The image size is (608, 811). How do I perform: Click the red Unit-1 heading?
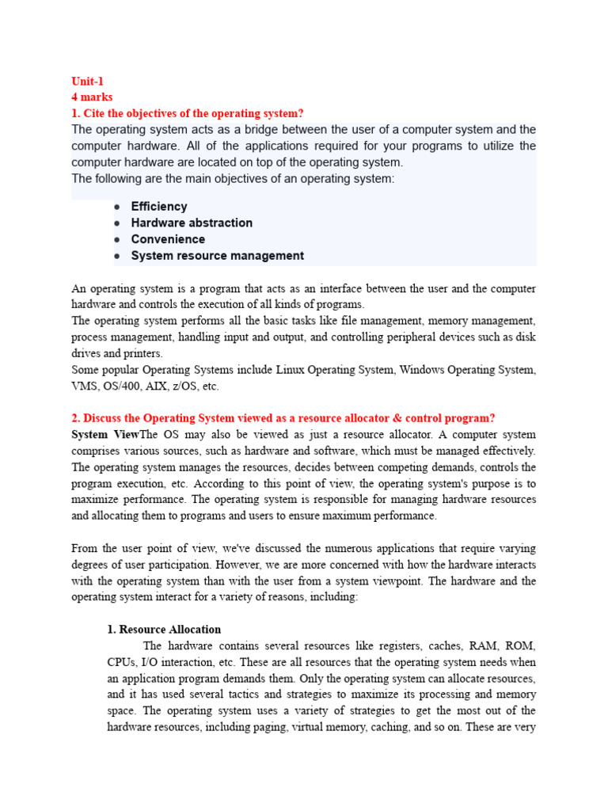pyautogui.click(x=87, y=81)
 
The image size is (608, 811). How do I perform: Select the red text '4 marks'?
pyautogui.click(x=92, y=97)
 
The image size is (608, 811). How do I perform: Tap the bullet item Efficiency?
pyautogui.click(x=159, y=207)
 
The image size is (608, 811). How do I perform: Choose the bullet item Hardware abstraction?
pyautogui.click(x=192, y=223)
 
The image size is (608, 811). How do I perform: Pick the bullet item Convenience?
pyautogui.click(x=168, y=239)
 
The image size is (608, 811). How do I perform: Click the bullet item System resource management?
pyautogui.click(x=217, y=256)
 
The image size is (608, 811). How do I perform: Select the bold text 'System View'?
pyautogui.click(x=104, y=435)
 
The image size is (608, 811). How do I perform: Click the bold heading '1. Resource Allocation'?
pyautogui.click(x=164, y=630)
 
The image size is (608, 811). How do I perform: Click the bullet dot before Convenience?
pyautogui.click(x=116, y=239)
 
